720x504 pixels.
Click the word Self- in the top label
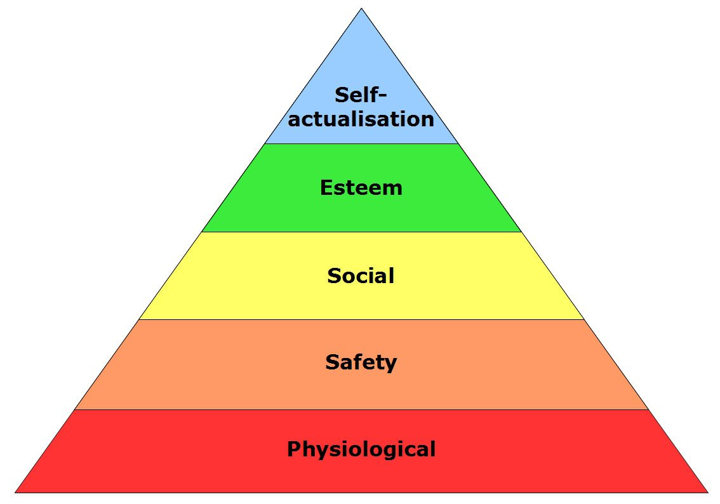[x=360, y=95]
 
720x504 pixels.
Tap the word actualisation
[x=361, y=119]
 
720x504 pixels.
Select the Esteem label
[x=361, y=188]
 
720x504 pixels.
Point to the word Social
[x=361, y=275]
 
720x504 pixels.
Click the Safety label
[x=361, y=362]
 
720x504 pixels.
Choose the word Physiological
[x=361, y=449]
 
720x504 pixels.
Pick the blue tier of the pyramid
[x=361, y=63]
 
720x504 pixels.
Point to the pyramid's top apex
[x=361, y=9]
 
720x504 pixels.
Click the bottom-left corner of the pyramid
[x=16, y=492]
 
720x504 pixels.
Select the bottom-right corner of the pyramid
[x=707, y=492]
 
